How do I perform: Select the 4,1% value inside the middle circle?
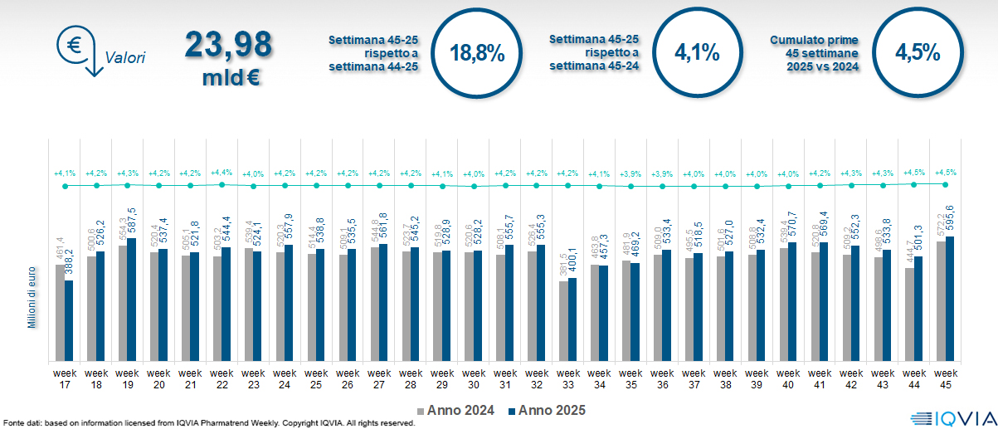click(x=696, y=53)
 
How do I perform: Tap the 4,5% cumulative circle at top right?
click(x=917, y=53)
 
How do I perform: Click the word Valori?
click(x=125, y=58)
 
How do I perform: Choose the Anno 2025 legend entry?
click(x=545, y=410)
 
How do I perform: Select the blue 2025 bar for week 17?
click(x=69, y=320)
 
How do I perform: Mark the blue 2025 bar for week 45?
click(x=949, y=299)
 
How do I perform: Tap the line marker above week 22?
click(x=222, y=184)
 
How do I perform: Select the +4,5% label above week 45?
click(x=946, y=172)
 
